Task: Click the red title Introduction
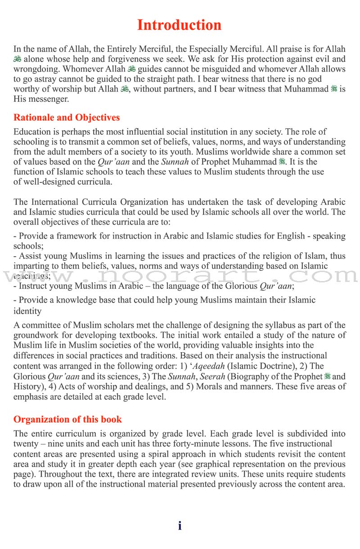click(x=179, y=25)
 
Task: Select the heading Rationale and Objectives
click(x=67, y=118)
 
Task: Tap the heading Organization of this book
click(x=67, y=419)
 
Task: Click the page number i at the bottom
click(x=180, y=526)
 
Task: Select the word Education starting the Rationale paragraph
click(x=32, y=132)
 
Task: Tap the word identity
click(x=27, y=311)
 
